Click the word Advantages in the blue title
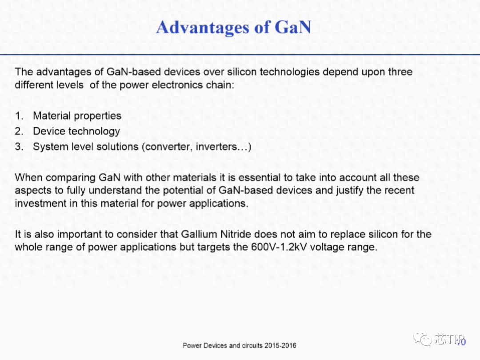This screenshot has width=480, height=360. [x=203, y=28]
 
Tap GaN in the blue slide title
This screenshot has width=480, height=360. [x=293, y=27]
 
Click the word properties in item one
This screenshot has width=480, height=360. [x=98, y=116]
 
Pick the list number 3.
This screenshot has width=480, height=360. [x=19, y=147]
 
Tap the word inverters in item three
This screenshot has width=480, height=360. [x=216, y=147]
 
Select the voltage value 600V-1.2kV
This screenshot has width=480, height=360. [x=279, y=247]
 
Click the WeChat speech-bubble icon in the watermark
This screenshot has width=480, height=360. [x=423, y=338]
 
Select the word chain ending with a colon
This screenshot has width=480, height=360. [x=220, y=85]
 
